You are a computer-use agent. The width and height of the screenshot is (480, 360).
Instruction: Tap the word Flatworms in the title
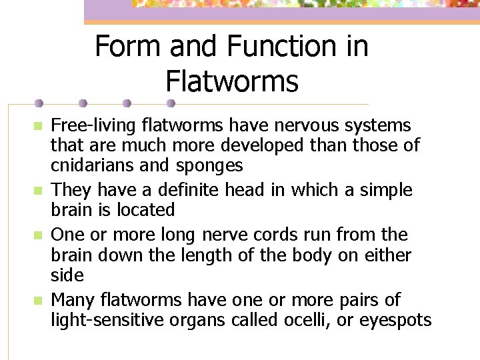tap(231, 81)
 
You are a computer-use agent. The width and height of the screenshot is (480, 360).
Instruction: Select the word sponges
tap(209, 165)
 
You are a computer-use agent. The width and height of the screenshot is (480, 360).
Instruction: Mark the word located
tap(142, 210)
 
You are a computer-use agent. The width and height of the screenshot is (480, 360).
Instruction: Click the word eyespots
tap(395, 320)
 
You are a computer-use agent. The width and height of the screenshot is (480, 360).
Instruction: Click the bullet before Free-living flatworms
tap(39, 126)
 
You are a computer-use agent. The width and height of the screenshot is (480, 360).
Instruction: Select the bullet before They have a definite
tap(39, 191)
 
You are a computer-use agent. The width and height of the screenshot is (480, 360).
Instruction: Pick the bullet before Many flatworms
tap(39, 301)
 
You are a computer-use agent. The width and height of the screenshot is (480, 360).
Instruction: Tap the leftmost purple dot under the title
tap(39, 104)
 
